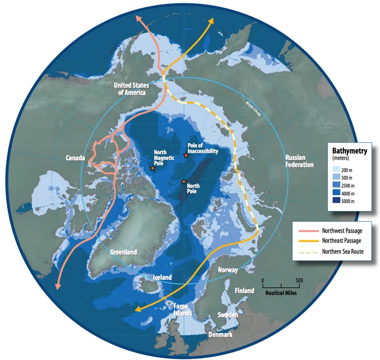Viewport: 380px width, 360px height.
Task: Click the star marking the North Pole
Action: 183,181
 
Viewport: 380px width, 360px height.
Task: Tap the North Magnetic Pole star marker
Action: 152,169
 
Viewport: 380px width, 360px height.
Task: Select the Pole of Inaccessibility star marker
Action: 186,155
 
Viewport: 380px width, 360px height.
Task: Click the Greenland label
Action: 124,252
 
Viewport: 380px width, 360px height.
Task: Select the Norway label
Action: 228,270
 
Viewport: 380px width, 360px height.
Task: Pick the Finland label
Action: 244,290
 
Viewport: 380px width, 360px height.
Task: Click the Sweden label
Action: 228,315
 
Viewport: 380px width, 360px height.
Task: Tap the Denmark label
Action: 219,335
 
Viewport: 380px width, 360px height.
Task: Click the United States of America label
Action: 130,88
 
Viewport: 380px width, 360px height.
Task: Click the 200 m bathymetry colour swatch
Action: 337,169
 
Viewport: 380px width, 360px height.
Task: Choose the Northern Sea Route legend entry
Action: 332,251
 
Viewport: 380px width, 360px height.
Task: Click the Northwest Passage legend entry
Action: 332,231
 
